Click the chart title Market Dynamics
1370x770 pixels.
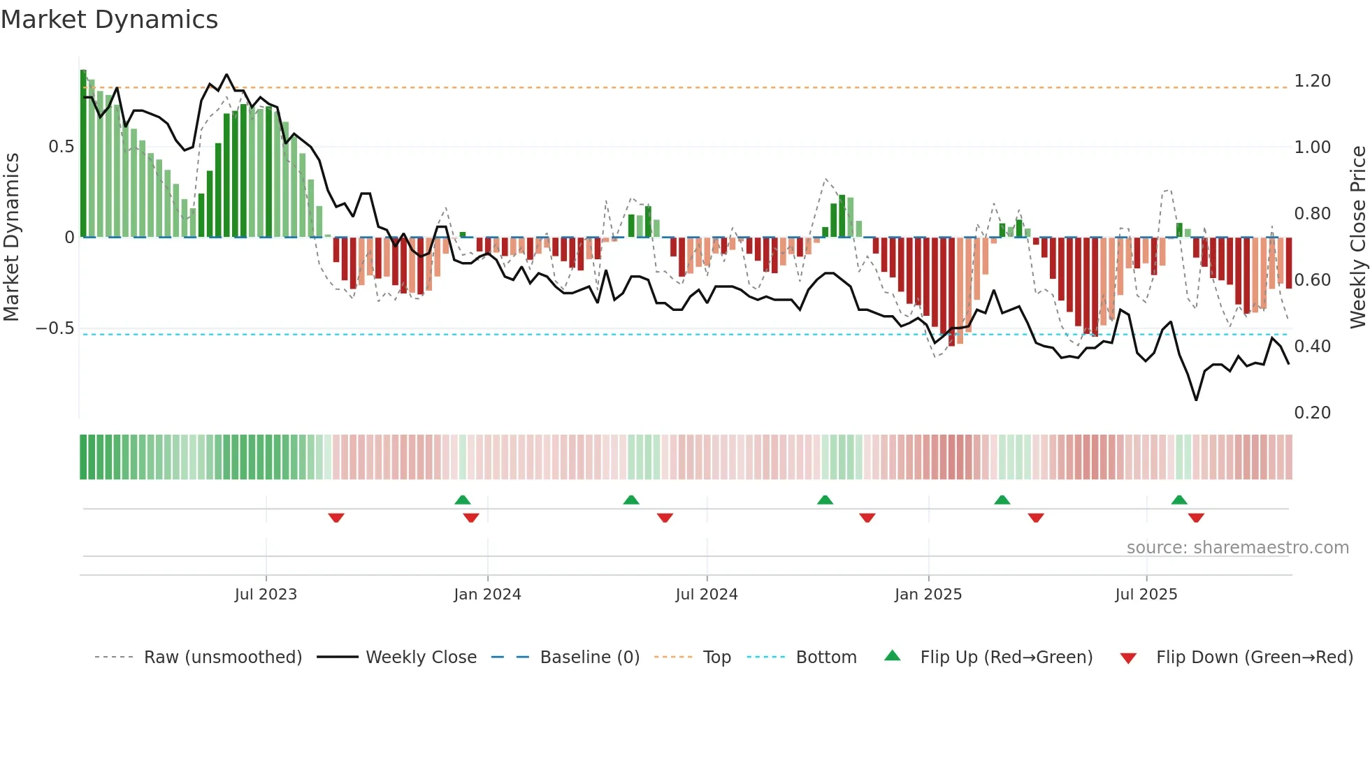point(109,20)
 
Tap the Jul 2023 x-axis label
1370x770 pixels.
point(266,594)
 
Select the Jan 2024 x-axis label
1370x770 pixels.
point(487,594)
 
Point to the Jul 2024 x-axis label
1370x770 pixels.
point(706,594)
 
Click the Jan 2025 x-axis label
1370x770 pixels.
point(928,594)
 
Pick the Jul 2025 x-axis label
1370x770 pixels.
point(1146,594)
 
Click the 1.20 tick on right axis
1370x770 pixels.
point(1312,81)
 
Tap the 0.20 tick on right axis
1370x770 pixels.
point(1312,413)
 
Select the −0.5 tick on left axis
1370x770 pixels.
point(55,328)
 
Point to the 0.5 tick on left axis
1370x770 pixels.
point(61,147)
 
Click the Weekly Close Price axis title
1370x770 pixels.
point(1357,237)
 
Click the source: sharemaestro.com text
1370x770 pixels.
point(1237,548)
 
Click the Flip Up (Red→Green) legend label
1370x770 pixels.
point(1006,658)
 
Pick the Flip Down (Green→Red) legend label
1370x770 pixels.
point(1254,658)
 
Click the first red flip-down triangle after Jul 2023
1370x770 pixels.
point(336,518)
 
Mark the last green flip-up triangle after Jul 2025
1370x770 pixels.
point(1179,500)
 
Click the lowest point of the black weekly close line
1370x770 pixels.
point(1196,400)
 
